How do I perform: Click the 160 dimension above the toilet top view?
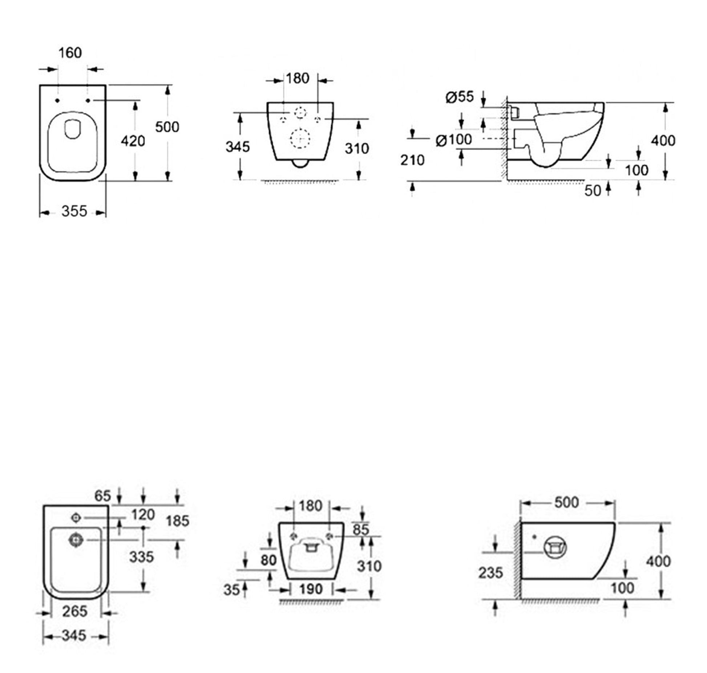[70, 53]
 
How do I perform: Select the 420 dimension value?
[133, 141]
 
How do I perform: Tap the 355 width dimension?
[74, 211]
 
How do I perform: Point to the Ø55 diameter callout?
[460, 97]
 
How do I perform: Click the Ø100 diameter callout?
[454, 139]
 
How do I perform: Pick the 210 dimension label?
[412, 160]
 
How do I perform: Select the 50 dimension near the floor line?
[593, 191]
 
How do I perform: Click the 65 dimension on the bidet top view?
[102, 495]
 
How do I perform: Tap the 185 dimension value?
[178, 521]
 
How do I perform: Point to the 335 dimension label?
[142, 557]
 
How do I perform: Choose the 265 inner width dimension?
[74, 611]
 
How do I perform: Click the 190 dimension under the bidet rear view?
[311, 589]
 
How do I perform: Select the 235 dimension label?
[490, 573]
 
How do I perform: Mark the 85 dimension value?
[361, 530]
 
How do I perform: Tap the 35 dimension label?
[231, 590]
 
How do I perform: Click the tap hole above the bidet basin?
[76, 518]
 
